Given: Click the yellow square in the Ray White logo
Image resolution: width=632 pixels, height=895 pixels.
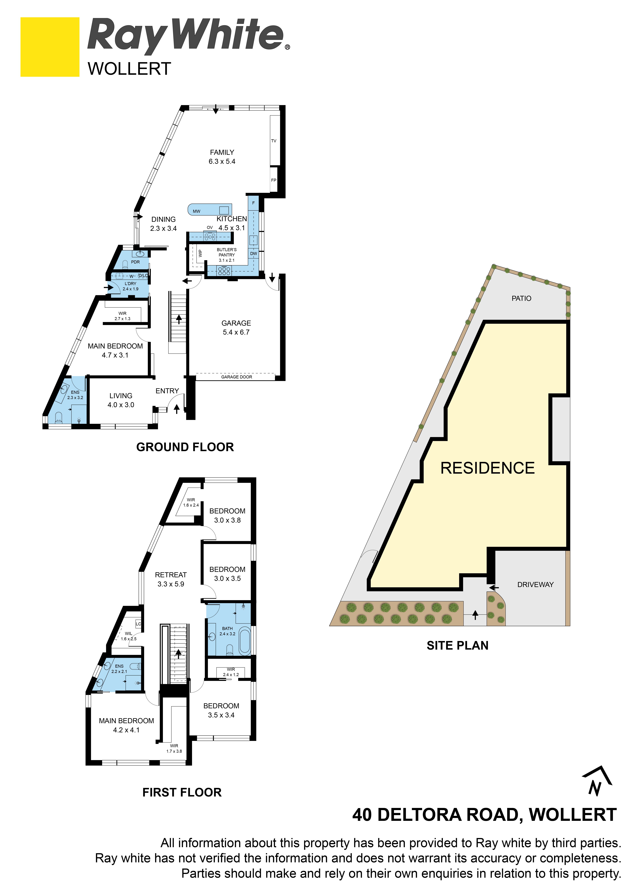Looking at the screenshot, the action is coord(50,47).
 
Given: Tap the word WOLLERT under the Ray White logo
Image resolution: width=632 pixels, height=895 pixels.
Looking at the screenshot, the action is coord(129,69).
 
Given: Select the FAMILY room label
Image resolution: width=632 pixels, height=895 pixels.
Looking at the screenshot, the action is coord(222,152).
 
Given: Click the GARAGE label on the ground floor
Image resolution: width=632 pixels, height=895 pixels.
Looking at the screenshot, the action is coord(236,323).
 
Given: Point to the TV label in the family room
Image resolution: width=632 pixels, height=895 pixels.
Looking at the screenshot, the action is coord(274,141).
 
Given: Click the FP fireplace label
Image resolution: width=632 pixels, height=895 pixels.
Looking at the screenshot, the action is coord(274,180).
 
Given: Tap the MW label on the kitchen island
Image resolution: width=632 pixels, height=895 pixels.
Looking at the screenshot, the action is coord(197,211).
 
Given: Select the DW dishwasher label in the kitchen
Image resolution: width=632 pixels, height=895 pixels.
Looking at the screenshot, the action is coord(254,253).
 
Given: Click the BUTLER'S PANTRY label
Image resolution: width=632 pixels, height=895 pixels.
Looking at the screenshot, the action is coord(227,252).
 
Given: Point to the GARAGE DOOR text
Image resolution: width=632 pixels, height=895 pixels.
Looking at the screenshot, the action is coord(237,377).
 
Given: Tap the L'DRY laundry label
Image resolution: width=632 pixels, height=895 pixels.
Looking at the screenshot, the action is coord(130,284).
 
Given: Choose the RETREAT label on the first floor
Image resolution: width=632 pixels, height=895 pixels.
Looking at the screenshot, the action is coord(171,575).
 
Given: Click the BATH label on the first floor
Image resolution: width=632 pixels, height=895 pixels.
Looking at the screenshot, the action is coord(227,628).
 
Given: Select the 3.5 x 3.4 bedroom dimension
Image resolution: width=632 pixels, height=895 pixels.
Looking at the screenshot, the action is coord(221,715).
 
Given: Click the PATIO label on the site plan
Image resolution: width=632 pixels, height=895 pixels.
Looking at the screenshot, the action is coord(521,299).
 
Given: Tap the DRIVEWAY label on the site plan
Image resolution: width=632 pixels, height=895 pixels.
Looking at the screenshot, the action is coord(535,585).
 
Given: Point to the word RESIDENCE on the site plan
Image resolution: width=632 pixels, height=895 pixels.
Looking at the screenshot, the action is coord(488,468).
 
